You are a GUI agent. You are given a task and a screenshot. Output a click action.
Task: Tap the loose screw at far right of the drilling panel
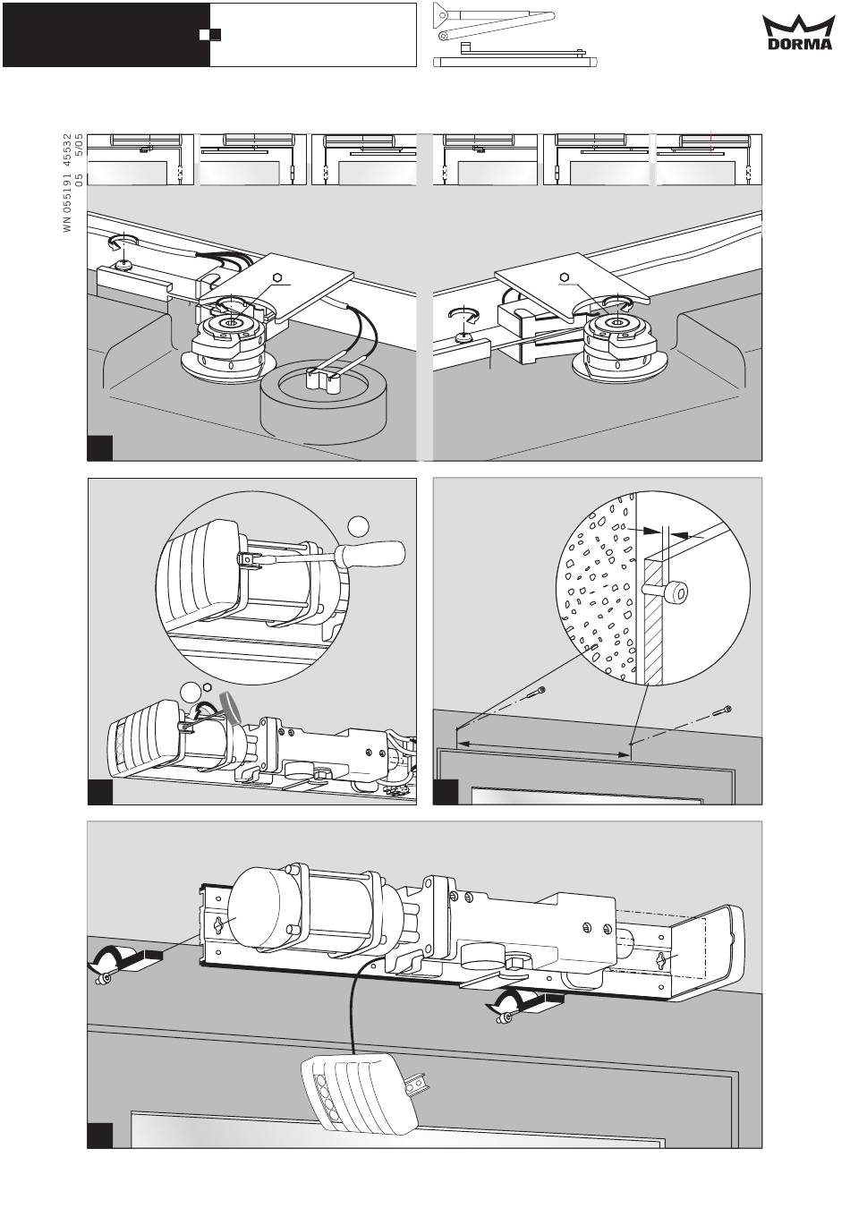click(724, 712)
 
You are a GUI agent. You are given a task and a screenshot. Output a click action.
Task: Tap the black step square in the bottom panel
click(99, 1134)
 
